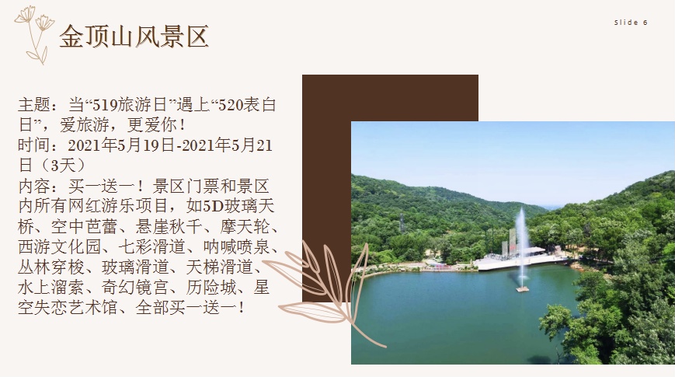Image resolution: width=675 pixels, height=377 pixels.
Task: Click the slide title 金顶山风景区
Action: click(x=134, y=37)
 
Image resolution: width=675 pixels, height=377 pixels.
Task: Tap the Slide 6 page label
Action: click(x=631, y=23)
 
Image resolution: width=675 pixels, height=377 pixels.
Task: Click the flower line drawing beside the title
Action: click(x=34, y=35)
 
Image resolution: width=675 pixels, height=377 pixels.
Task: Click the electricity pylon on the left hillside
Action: click(x=402, y=223)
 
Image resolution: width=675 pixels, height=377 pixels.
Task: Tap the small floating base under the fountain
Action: click(x=522, y=289)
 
